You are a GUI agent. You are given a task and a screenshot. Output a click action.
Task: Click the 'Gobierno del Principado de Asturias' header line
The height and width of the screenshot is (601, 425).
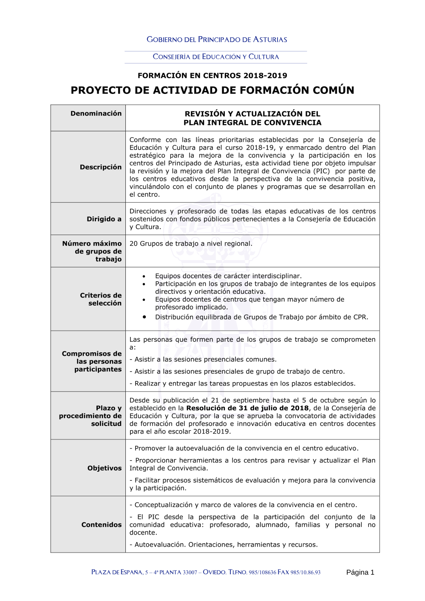tap(217, 40)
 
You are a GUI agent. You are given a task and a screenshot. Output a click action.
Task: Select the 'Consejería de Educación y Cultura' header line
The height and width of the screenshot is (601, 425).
tap(216, 57)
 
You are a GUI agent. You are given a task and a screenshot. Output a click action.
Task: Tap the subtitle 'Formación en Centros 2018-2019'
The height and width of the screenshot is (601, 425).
tap(212, 76)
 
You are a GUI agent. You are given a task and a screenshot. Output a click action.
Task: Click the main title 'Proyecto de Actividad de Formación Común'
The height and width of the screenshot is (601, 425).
tap(212, 90)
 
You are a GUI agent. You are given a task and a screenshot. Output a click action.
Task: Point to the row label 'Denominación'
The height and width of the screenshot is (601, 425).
tap(96, 113)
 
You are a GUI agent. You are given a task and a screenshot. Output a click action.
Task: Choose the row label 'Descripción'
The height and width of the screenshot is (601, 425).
tap(101, 167)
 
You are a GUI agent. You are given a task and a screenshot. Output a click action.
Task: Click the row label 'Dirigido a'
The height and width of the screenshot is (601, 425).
tap(104, 219)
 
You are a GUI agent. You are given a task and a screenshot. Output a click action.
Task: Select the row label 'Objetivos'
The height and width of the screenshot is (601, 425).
tap(105, 468)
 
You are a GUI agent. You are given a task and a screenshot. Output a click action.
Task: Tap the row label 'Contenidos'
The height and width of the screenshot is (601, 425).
tap(102, 524)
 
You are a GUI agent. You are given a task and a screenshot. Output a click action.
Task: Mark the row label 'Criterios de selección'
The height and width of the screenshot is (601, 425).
tap(101, 299)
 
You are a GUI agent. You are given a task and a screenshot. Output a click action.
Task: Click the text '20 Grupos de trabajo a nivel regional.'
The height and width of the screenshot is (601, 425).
tap(191, 244)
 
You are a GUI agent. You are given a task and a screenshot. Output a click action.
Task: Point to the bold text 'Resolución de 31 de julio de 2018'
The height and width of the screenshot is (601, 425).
tap(247, 408)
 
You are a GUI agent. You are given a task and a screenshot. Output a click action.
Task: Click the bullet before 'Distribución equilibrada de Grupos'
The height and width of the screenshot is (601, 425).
tap(144, 317)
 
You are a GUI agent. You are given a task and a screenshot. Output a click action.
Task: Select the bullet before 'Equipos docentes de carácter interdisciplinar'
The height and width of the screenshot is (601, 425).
tap(144, 276)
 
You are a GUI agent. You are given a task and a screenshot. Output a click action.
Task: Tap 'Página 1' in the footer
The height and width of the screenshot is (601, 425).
tap(360, 572)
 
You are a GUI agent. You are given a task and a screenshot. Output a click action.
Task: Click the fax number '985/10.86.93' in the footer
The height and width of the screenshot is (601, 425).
tap(306, 573)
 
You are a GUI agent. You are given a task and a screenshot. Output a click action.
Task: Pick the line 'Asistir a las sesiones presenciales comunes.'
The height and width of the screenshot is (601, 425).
tap(203, 359)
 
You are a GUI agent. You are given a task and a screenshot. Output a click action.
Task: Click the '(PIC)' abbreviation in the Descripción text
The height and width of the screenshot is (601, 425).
tap(321, 171)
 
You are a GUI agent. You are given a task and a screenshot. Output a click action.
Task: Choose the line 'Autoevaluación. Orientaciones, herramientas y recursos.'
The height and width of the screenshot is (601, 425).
tap(224, 544)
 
